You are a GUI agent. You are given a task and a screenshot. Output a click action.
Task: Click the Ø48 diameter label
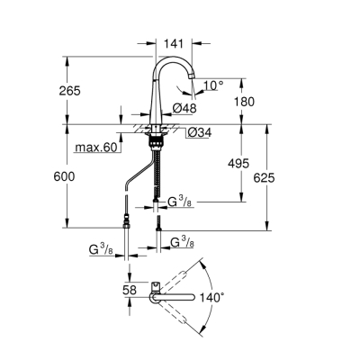[x=184, y=109]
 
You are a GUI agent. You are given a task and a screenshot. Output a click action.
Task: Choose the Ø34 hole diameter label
[x=198, y=134]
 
